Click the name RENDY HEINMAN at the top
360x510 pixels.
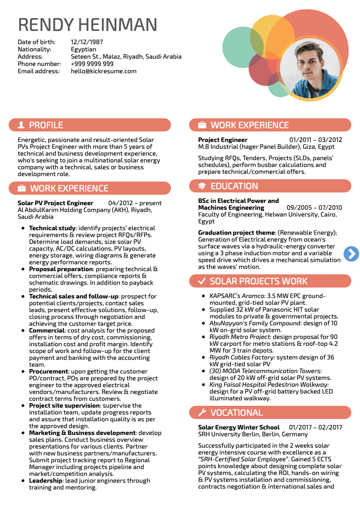[88, 25]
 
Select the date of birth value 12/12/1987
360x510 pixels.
[87, 42]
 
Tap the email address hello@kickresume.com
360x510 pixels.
[104, 71]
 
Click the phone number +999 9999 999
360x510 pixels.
[92, 64]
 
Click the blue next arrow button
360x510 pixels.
[351, 254]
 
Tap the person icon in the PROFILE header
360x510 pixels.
[21, 125]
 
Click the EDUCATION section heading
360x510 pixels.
[234, 186]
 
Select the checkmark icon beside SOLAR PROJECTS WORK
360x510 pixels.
[202, 281]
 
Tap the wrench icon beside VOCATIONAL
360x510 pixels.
[202, 413]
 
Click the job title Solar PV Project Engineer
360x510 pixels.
[55, 203]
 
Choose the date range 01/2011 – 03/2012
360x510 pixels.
[315, 140]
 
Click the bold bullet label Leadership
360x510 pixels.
[45, 481]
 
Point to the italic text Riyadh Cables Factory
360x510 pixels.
[240, 358]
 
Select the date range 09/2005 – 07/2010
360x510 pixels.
[314, 208]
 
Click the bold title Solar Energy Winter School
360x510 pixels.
[239, 428]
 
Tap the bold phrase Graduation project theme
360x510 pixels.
[236, 233]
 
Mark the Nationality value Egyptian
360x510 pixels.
[84, 50]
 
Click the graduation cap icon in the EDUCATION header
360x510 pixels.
[202, 186]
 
